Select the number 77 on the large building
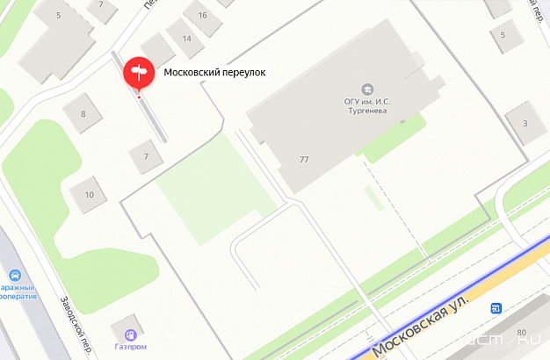click(304, 160)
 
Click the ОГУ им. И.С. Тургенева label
click(367, 105)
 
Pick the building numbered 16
click(203, 16)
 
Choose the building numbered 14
click(186, 40)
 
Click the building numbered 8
click(83, 113)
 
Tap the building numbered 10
click(89, 194)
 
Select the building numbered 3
click(525, 122)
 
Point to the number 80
click(521, 333)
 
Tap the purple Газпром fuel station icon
click(130, 334)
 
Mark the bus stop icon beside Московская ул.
click(496, 308)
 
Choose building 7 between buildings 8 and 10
click(147, 156)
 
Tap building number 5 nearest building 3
click(503, 35)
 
